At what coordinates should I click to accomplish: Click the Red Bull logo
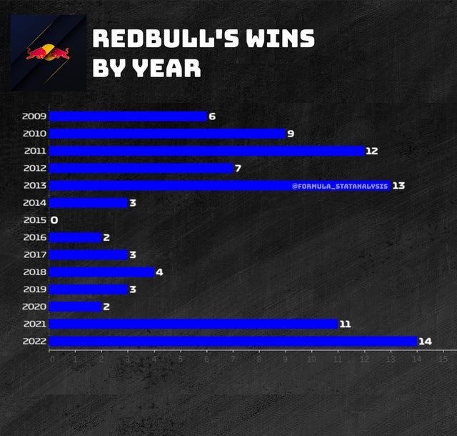[48, 53]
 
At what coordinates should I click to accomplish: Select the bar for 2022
[233, 341]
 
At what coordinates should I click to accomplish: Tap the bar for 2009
[127, 116]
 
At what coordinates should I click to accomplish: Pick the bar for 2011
[206, 151]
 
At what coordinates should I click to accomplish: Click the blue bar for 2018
[101, 272]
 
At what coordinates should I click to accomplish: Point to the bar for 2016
[75, 237]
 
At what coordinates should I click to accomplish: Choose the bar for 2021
[193, 324]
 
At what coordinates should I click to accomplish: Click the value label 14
[425, 341]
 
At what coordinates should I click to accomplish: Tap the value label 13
[398, 185]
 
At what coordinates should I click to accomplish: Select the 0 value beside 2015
[54, 220]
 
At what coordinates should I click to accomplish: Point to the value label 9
[291, 134]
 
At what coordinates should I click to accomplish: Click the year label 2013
[34, 185]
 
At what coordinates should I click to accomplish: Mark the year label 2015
[34, 220]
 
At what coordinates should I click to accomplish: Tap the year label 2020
[34, 307]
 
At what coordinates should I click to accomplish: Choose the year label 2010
[34, 134]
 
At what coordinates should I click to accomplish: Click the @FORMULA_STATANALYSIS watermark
[340, 186]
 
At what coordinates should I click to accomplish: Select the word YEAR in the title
[163, 68]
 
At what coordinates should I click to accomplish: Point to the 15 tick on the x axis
[443, 359]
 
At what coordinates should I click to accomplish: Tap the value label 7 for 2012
[238, 168]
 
